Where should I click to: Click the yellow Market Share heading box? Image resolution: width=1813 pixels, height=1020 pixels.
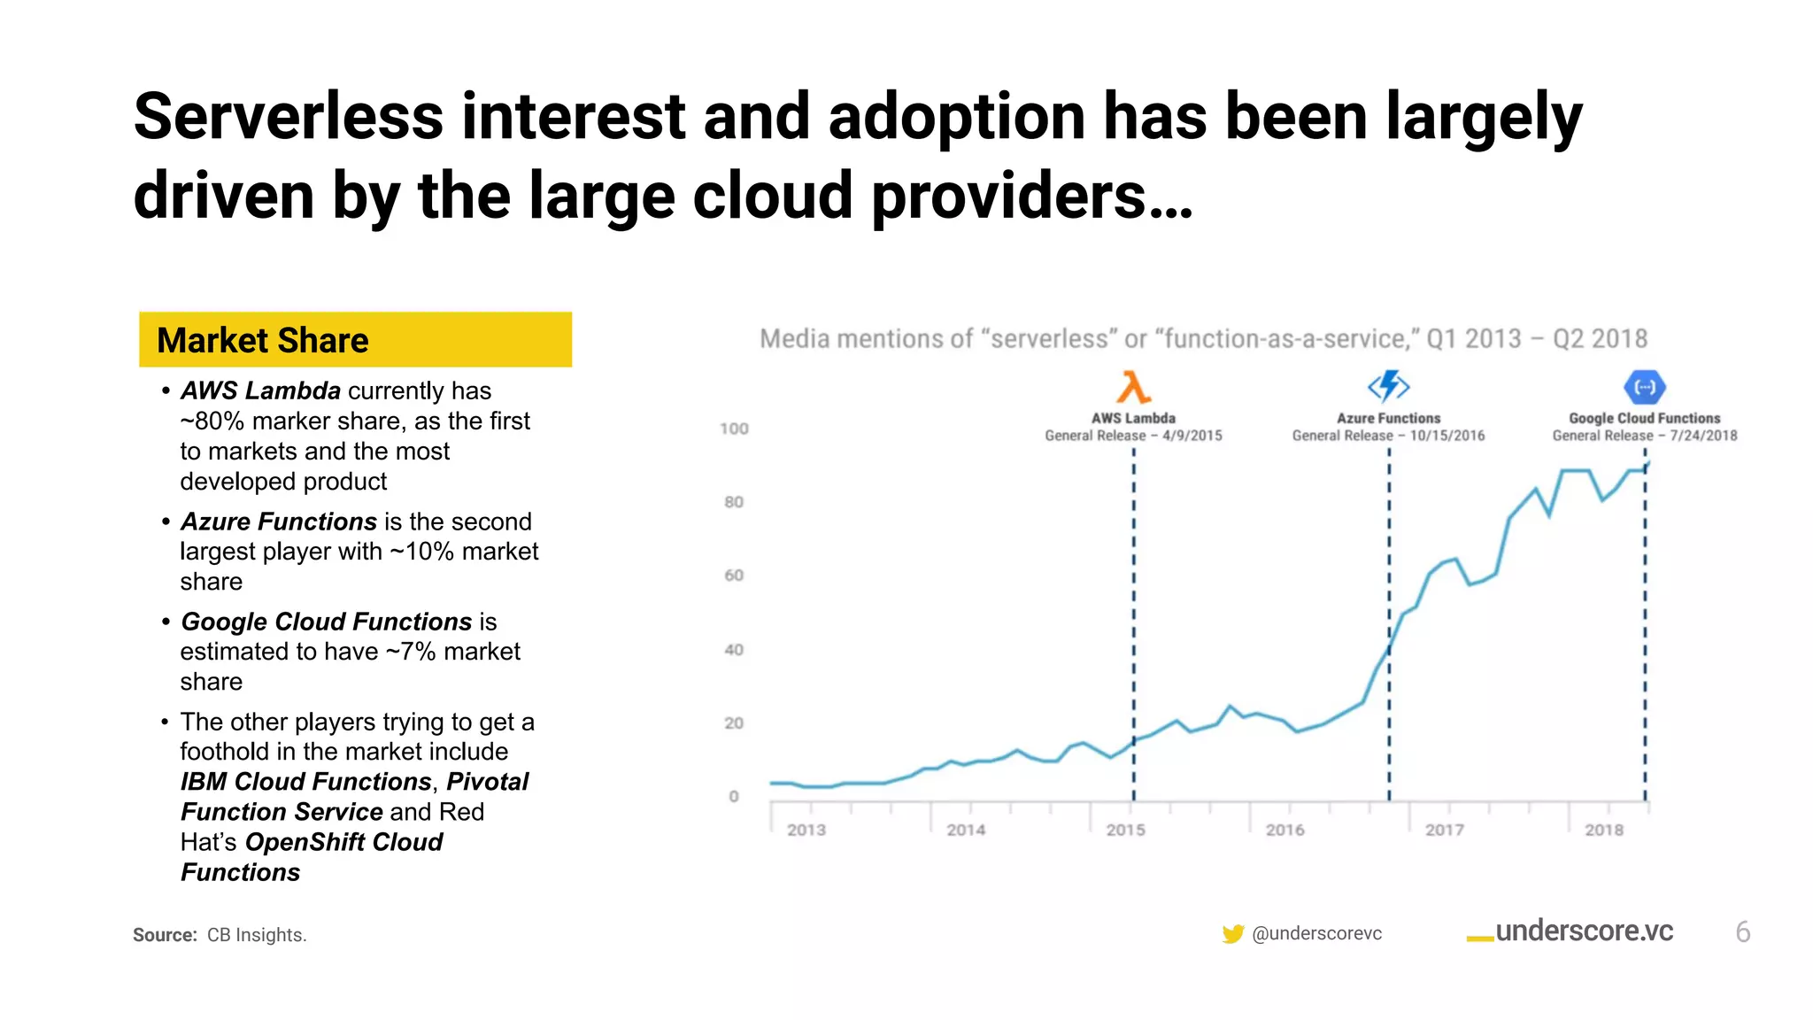(354, 340)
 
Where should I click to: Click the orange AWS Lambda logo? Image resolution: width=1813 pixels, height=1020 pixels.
(1133, 388)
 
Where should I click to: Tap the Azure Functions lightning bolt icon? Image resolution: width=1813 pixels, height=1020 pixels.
(1388, 386)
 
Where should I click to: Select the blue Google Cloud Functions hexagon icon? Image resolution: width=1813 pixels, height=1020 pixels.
(1645, 387)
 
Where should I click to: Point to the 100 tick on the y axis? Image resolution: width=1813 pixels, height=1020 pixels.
(734, 429)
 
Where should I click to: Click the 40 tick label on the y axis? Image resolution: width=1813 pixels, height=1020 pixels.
(734, 650)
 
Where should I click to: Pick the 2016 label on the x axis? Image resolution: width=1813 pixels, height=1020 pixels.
(1285, 830)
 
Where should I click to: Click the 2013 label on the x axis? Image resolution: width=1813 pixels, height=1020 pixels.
(806, 830)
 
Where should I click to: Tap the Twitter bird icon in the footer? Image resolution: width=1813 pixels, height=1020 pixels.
(1232, 934)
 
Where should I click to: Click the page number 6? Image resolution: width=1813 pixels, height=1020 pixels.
(1742, 932)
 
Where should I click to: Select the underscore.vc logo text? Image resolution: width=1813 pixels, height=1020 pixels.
(1583, 931)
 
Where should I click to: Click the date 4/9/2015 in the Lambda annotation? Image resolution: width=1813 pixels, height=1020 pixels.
(1192, 436)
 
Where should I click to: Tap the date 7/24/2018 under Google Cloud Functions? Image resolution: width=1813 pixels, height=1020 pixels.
(1703, 436)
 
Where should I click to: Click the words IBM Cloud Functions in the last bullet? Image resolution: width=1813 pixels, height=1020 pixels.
(305, 782)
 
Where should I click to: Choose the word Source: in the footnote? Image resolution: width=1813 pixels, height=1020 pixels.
(165, 935)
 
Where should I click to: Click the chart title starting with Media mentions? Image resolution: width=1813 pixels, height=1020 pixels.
(1203, 339)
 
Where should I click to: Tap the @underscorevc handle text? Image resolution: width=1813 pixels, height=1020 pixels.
(1316, 933)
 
